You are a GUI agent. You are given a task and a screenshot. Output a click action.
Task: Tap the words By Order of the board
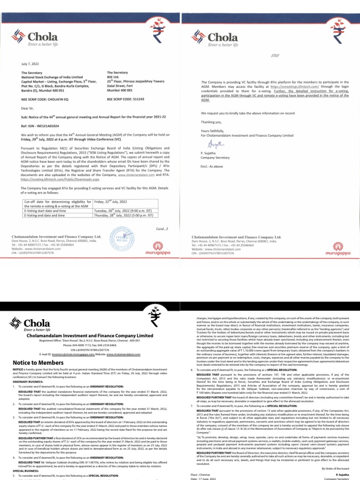pyautogui.click(x=334, y=468)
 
